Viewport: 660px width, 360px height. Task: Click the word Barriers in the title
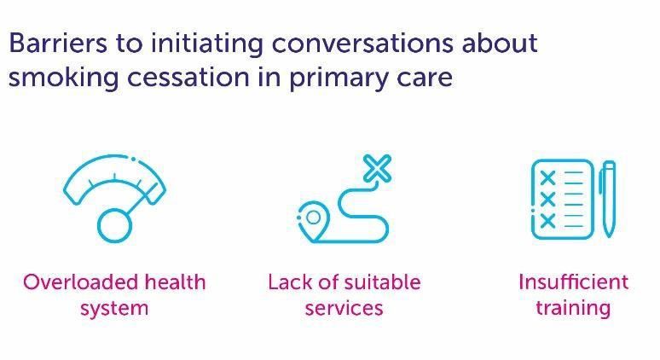[x=58, y=43]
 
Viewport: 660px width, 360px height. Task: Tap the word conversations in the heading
[x=362, y=43]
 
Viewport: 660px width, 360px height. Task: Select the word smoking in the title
[x=64, y=78]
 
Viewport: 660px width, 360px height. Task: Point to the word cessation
[x=188, y=78]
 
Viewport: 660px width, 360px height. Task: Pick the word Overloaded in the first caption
[x=80, y=282]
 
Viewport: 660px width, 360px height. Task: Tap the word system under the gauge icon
[x=114, y=309]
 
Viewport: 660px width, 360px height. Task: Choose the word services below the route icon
[x=344, y=308]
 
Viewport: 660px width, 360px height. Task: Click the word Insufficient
[x=573, y=282]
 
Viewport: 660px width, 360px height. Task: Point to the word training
[x=573, y=308]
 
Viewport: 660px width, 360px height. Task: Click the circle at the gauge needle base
[x=114, y=226]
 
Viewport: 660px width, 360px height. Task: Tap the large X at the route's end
[x=377, y=168]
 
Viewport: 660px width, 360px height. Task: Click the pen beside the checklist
[x=608, y=198]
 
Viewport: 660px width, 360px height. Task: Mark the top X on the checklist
[x=547, y=177]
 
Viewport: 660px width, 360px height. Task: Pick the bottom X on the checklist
[x=547, y=220]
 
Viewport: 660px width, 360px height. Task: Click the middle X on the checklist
[x=547, y=199]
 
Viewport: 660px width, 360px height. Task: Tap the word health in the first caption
[x=175, y=282]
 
